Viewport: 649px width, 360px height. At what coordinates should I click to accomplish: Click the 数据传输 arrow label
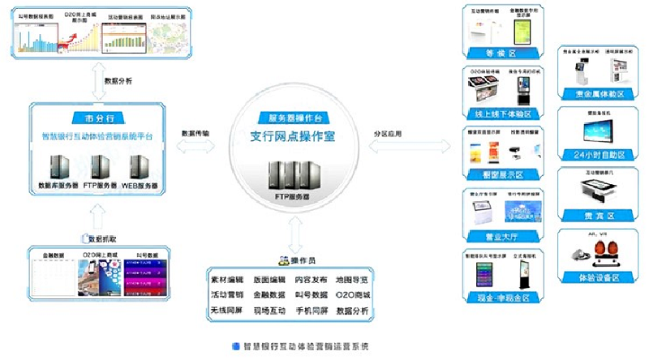point(195,133)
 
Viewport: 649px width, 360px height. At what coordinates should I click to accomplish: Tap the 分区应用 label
point(387,133)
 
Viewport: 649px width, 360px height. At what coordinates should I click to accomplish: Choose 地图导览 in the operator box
point(354,276)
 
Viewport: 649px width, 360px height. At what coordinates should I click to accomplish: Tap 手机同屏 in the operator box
point(312,310)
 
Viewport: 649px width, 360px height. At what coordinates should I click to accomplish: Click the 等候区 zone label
point(499,54)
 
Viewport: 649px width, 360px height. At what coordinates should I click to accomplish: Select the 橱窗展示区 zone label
point(499,174)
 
